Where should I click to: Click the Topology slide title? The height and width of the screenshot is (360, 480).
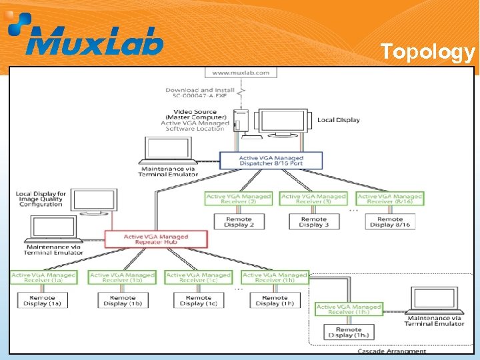tap(427, 52)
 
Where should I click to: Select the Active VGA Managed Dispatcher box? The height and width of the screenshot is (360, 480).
tap(271, 161)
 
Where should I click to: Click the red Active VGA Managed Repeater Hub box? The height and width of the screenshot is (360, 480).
tap(156, 239)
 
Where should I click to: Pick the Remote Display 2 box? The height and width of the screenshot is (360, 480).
tap(238, 221)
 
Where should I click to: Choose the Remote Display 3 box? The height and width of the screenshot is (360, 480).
tap(313, 221)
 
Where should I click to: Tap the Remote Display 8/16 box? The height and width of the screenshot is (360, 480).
tap(390, 221)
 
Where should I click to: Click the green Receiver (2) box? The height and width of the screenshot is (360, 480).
tap(238, 199)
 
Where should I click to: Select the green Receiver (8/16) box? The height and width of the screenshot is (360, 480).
tap(390, 199)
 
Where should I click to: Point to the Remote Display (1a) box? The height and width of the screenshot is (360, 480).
tap(43, 300)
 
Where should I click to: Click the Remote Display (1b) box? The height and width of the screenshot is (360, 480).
tap(123, 300)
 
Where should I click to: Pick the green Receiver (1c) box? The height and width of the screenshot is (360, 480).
tap(198, 277)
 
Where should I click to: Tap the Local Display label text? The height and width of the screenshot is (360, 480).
tap(339, 120)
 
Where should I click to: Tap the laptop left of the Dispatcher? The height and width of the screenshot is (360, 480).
tap(167, 151)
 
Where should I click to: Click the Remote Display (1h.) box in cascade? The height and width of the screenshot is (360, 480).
tap(348, 333)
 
